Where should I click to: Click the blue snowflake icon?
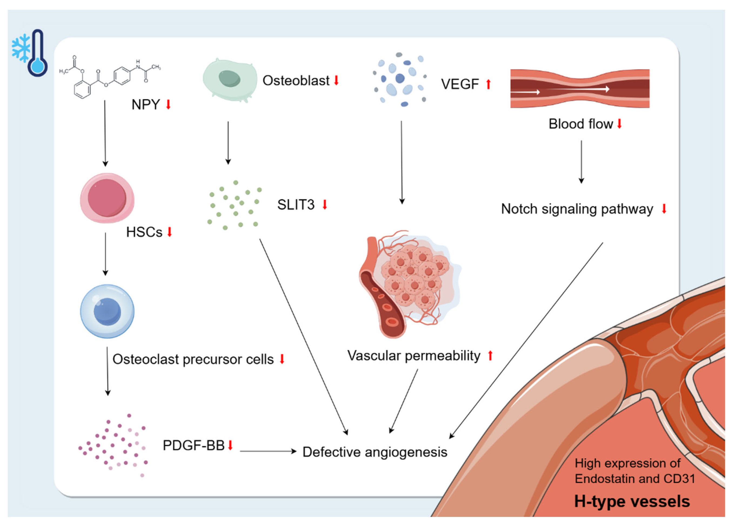pyautogui.click(x=21, y=48)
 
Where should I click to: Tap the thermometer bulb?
pyautogui.click(x=38, y=66)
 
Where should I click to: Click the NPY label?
pyautogui.click(x=146, y=105)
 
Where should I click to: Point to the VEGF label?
pyautogui.click(x=460, y=84)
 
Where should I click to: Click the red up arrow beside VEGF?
pyautogui.click(x=489, y=84)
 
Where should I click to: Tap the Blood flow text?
pyautogui.click(x=580, y=124)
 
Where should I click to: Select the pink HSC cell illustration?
pyautogui.click(x=107, y=198)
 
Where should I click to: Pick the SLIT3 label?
pyautogui.click(x=296, y=205)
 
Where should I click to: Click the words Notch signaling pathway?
pyautogui.click(x=577, y=209)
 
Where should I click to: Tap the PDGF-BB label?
pyautogui.click(x=193, y=446)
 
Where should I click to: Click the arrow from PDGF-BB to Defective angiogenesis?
pyautogui.click(x=268, y=451)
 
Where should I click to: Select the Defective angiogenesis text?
pyautogui.click(x=375, y=452)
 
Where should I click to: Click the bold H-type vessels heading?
pyautogui.click(x=632, y=502)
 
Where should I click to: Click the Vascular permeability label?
pyautogui.click(x=414, y=356)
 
